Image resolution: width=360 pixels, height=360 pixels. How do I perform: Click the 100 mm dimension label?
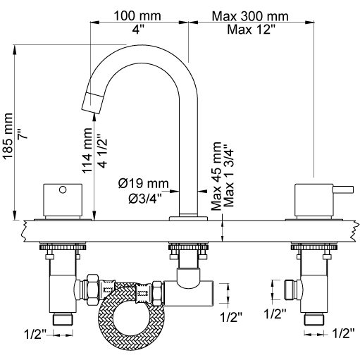tap(137, 16)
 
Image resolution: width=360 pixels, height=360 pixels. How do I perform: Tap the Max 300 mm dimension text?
tap(250, 16)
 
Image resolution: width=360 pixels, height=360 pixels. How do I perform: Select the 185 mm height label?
tap(8, 136)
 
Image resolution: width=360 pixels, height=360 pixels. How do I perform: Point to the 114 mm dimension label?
tap(87, 151)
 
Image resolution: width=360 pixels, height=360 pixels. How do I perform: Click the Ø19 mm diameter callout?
tap(144, 183)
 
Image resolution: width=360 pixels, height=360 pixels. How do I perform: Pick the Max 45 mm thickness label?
tap(216, 176)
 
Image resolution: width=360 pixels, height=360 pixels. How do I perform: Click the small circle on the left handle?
tap(63, 190)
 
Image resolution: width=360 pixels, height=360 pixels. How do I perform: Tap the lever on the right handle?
tap(343, 190)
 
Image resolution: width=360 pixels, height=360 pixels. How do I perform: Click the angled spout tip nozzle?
tap(92, 103)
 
